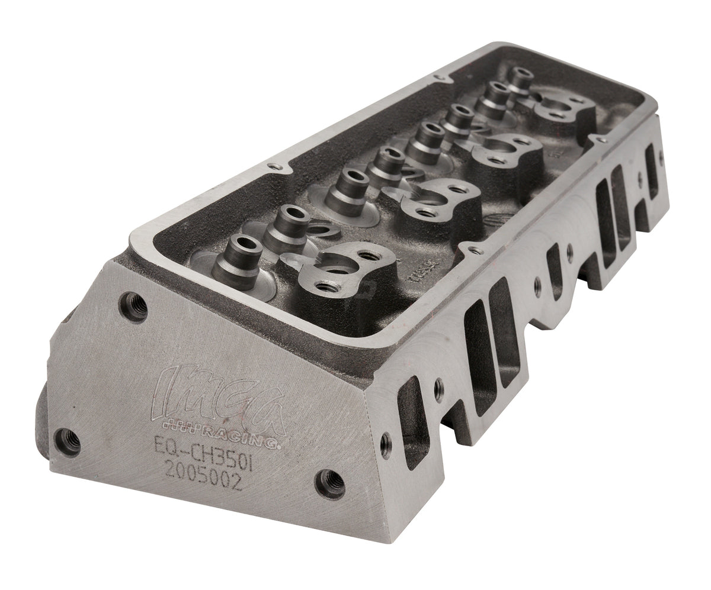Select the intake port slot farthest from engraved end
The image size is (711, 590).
tap(650, 162)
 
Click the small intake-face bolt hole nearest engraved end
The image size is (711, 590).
tap(386, 441)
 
